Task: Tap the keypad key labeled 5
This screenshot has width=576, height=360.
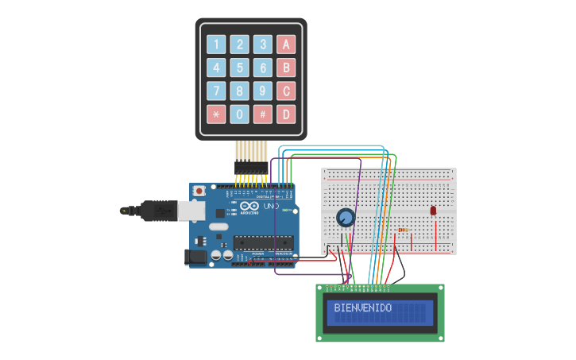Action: [240, 68]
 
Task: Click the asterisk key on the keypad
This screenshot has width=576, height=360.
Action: [216, 114]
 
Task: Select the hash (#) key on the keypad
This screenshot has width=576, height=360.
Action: [263, 114]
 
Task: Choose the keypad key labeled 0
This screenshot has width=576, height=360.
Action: [240, 114]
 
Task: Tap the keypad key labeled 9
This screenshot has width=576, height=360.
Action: [263, 91]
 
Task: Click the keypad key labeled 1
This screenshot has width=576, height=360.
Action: [216, 45]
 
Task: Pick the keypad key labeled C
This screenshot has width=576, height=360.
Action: [286, 91]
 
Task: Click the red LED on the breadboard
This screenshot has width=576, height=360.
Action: [433, 211]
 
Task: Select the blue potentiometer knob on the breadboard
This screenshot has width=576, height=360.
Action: [345, 217]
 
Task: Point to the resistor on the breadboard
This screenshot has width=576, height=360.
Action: [404, 230]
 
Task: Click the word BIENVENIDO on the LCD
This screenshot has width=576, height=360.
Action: [362, 308]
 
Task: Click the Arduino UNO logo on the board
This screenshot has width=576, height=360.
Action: [249, 209]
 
